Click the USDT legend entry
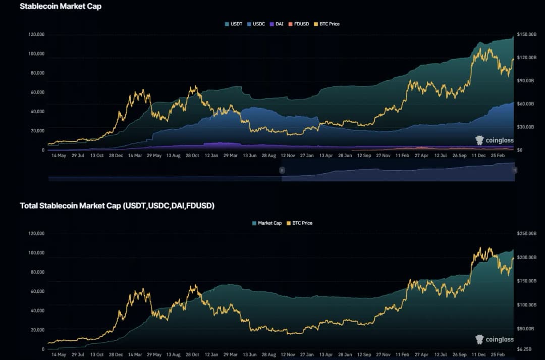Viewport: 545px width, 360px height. pos(233,24)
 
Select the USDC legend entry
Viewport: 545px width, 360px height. pos(256,24)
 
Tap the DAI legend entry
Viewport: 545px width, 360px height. pos(277,24)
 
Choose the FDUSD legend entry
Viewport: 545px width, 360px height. pos(298,24)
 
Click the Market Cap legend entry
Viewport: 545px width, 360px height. pos(266,223)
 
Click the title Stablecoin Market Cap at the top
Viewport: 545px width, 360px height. pos(61,7)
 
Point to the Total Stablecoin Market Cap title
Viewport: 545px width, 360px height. pos(117,205)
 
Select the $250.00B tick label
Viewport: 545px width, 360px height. pos(528,233)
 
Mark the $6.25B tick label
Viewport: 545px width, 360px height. pos(526,349)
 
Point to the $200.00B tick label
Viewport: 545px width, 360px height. pos(528,258)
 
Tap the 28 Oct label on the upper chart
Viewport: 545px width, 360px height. pos(192,156)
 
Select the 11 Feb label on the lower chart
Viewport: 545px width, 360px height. pos(402,354)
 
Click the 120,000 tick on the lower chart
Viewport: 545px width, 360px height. pos(36,233)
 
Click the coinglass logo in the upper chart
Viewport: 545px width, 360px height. pos(494,140)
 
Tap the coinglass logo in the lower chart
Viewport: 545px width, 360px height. pos(494,339)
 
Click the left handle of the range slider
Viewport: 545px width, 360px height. pos(282,171)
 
